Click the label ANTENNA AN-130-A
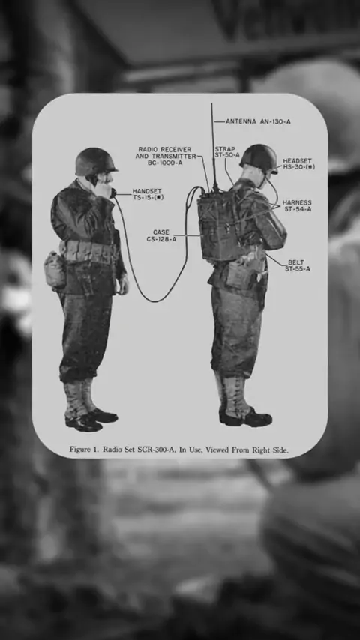pyautogui.click(x=258, y=121)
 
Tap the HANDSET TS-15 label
pyautogui.click(x=148, y=194)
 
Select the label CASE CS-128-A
pyautogui.click(x=161, y=235)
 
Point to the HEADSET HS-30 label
pyautogui.click(x=298, y=163)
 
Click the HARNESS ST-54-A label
pyautogui.click(x=297, y=205)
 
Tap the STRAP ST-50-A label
pyautogui.click(x=227, y=152)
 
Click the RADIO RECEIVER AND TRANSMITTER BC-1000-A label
pyautogui.click(x=166, y=156)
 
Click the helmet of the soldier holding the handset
pyautogui.click(x=95, y=161)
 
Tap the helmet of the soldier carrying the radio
pyautogui.click(x=259, y=158)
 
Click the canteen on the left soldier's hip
pyautogui.click(x=55, y=271)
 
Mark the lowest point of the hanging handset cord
pyautogui.click(x=153, y=301)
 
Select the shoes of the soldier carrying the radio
pyautogui.click(x=245, y=418)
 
